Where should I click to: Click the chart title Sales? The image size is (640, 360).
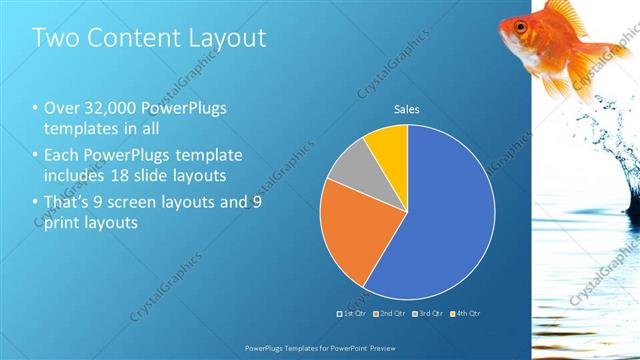pyautogui.click(x=406, y=109)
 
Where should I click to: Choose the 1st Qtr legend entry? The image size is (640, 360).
pyautogui.click(x=351, y=314)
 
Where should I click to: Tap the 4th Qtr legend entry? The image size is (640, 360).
pyautogui.click(x=466, y=314)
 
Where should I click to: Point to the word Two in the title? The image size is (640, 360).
pyautogui.click(x=53, y=39)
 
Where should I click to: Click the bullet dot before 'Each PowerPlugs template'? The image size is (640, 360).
pyautogui.click(x=36, y=155)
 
